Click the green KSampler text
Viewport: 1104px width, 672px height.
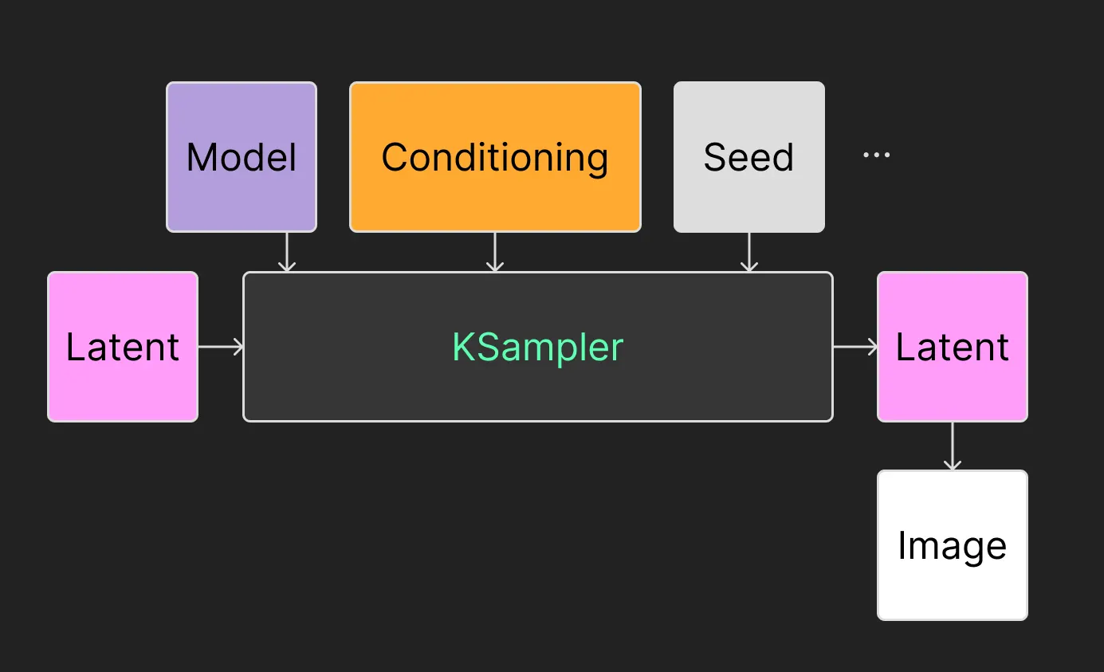tap(538, 347)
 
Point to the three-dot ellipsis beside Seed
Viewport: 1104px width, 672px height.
tap(876, 155)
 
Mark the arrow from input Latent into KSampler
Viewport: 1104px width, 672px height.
tap(221, 347)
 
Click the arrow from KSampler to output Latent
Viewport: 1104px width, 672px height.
tap(855, 347)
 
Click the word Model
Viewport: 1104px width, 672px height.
tap(242, 157)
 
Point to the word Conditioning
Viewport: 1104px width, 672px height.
tap(495, 157)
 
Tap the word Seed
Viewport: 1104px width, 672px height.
tap(749, 157)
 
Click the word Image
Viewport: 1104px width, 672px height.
tap(953, 547)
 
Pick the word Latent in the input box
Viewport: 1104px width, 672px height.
tap(123, 347)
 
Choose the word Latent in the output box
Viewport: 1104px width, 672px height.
tap(953, 347)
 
